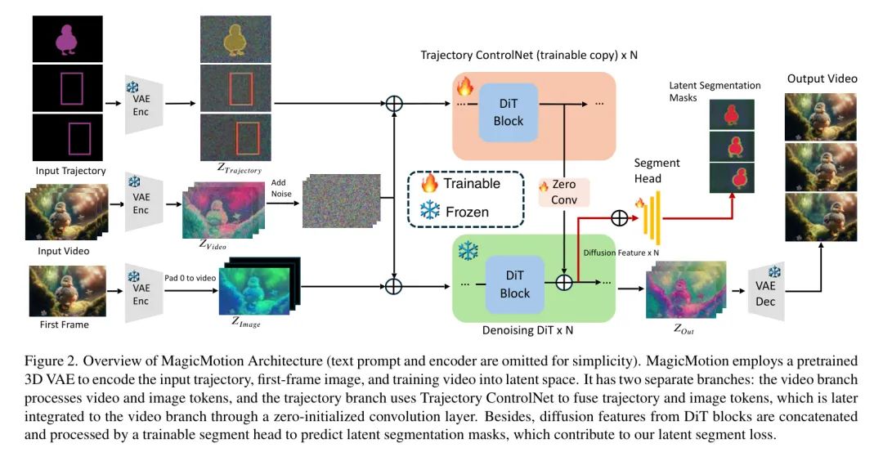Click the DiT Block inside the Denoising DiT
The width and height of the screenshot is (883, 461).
coord(514,283)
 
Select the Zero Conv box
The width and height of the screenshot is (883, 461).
coord(564,191)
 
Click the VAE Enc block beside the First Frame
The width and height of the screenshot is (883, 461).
coord(141,288)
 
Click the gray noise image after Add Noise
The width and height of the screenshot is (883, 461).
coord(341,200)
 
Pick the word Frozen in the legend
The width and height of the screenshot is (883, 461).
coord(467,212)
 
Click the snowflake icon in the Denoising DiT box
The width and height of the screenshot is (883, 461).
coord(467,251)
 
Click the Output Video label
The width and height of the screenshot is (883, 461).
coord(822,78)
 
